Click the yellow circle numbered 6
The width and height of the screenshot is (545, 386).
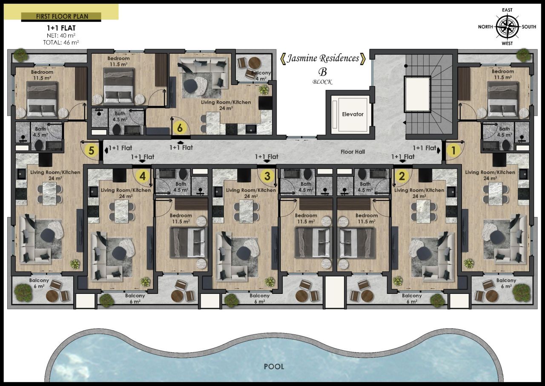click(180, 128)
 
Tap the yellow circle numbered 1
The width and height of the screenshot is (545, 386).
click(453, 150)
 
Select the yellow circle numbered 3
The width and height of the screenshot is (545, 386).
click(267, 175)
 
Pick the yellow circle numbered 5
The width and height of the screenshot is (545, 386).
click(90, 150)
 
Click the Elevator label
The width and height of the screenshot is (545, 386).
click(353, 114)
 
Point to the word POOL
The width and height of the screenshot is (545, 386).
click(273, 366)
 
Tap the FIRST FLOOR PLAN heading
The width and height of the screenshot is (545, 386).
click(61, 17)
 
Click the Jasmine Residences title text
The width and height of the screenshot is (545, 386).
click(322, 58)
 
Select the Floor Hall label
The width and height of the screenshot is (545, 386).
click(353, 151)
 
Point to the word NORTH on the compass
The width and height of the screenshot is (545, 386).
click(485, 27)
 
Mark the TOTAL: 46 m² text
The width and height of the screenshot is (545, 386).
click(61, 42)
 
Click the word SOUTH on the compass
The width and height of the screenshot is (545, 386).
click(529, 27)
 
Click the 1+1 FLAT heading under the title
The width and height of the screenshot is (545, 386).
click(61, 28)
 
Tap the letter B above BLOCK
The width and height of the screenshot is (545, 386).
click(322, 72)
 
